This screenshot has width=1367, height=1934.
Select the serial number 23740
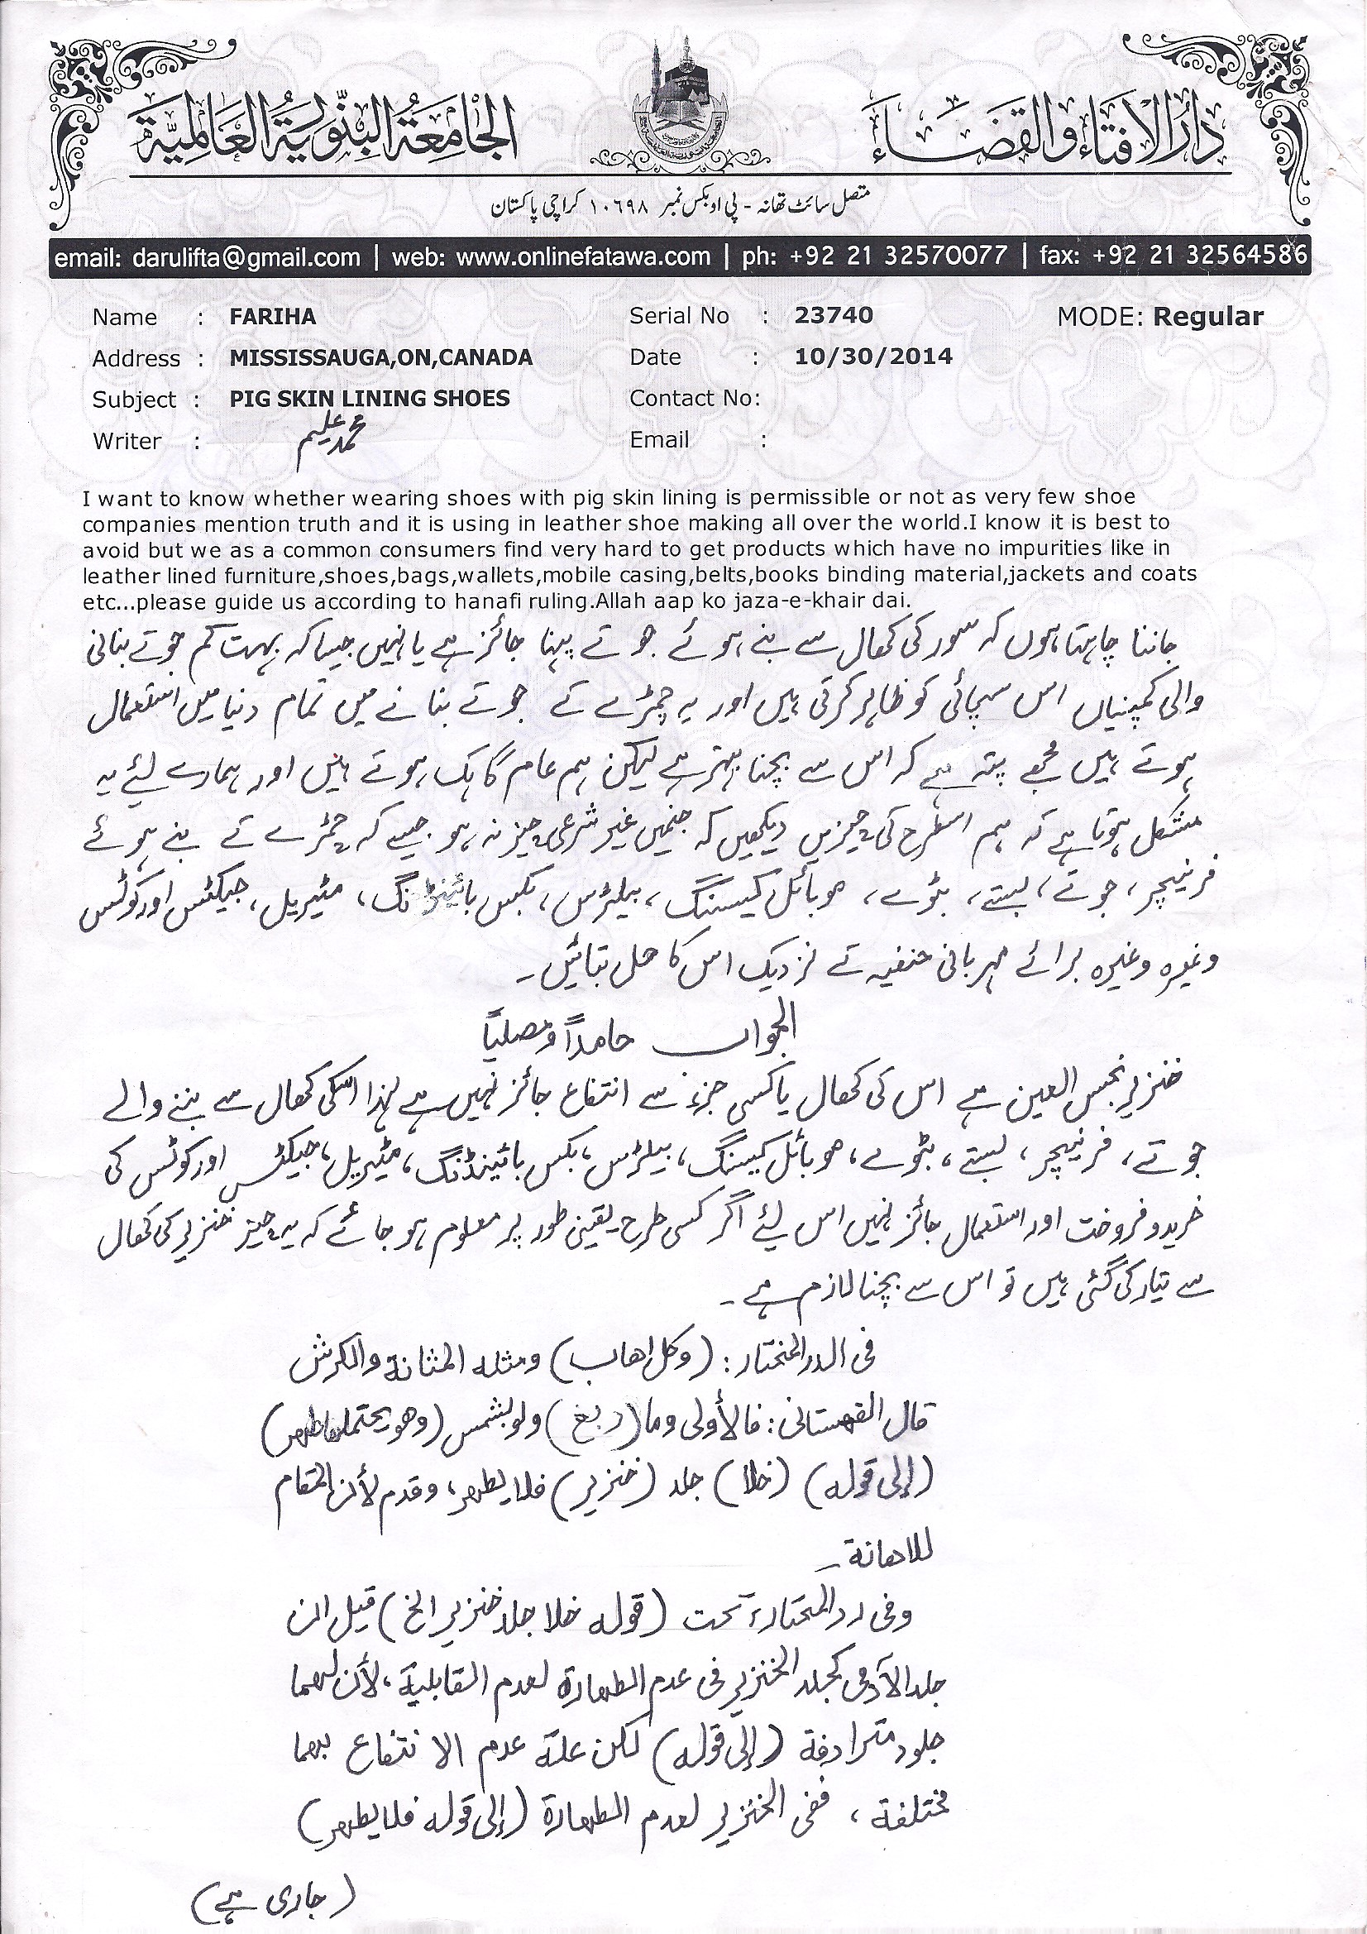click(x=833, y=316)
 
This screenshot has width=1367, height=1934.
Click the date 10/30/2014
click(x=872, y=357)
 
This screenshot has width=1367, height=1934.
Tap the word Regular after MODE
click(x=1208, y=317)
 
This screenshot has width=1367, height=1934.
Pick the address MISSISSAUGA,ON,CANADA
click(x=380, y=358)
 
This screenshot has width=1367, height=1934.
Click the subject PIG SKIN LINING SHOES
click(x=370, y=399)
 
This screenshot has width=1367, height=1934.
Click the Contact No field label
click(x=694, y=398)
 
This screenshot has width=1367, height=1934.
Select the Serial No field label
click(x=679, y=317)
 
